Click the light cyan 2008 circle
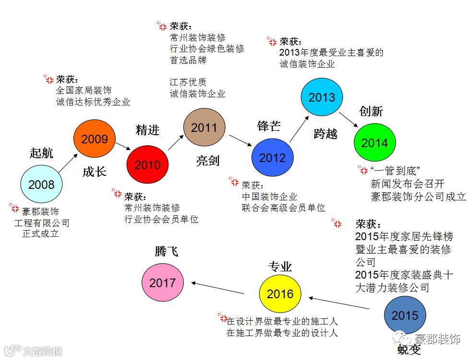coord(41,185)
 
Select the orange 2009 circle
coord(94,139)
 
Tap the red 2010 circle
coord(147,165)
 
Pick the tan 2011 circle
coord(204,128)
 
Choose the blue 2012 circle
coord(272,158)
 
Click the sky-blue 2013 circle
coord(321,97)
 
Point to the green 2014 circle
coord(374,142)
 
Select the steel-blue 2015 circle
coord(405,315)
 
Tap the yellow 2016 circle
coord(280,293)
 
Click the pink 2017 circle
coord(162,283)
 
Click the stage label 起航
coord(41,153)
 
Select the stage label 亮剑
coord(207,161)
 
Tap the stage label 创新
coord(371,111)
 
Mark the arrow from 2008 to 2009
coord(68,163)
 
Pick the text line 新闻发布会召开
coord(408,184)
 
